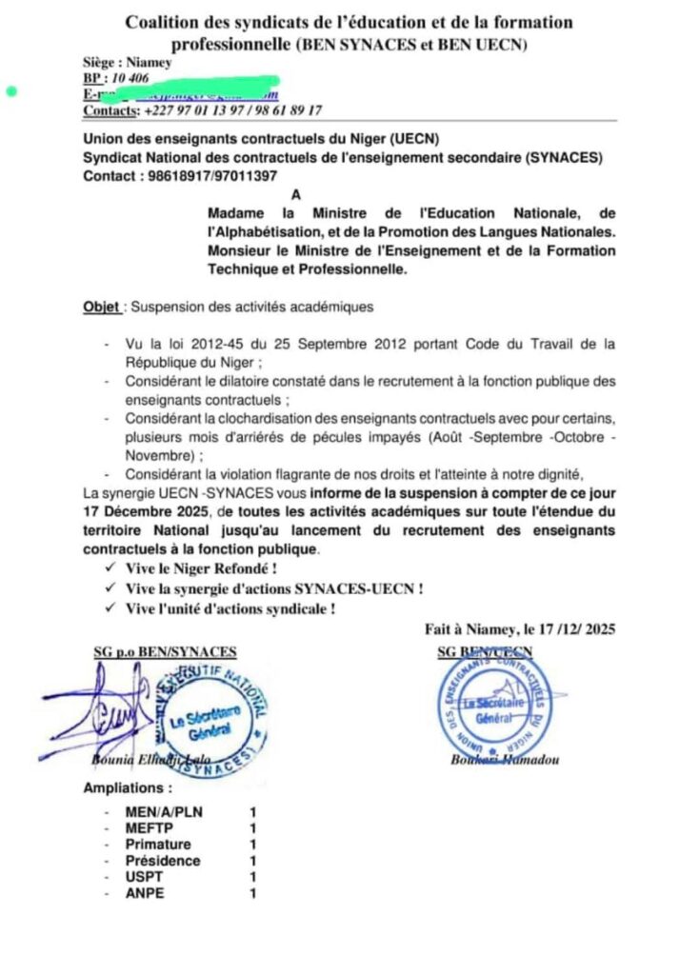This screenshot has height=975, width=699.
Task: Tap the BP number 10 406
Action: [x=130, y=78]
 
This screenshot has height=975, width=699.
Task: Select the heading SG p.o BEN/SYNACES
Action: [x=165, y=651]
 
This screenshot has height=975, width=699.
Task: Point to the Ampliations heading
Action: [x=128, y=788]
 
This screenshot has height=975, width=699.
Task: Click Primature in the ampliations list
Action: [x=158, y=845]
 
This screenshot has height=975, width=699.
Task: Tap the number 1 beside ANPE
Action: [x=253, y=893]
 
